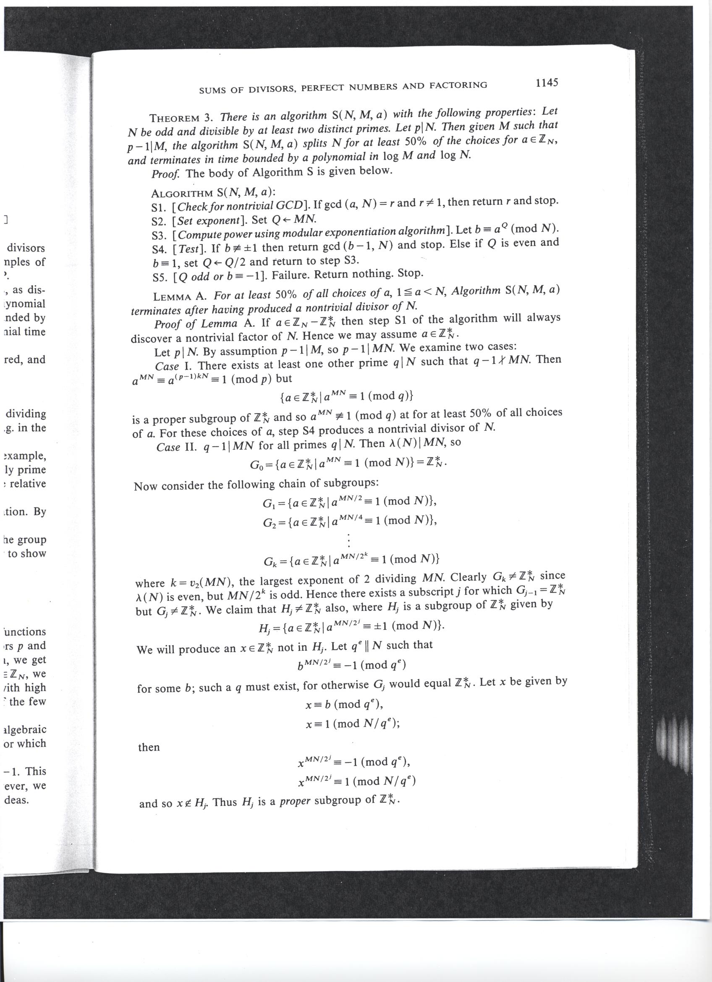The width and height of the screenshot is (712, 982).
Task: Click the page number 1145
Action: pyautogui.click(x=547, y=83)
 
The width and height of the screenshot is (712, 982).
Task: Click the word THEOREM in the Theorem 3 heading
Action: pyautogui.click(x=174, y=118)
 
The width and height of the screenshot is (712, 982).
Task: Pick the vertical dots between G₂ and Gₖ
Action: pyautogui.click(x=348, y=540)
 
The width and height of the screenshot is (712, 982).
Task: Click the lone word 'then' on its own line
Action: pyautogui.click(x=149, y=747)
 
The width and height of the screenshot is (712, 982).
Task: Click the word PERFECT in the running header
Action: pyautogui.click(x=325, y=87)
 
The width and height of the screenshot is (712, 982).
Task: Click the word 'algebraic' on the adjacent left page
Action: pyautogui.click(x=25, y=730)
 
